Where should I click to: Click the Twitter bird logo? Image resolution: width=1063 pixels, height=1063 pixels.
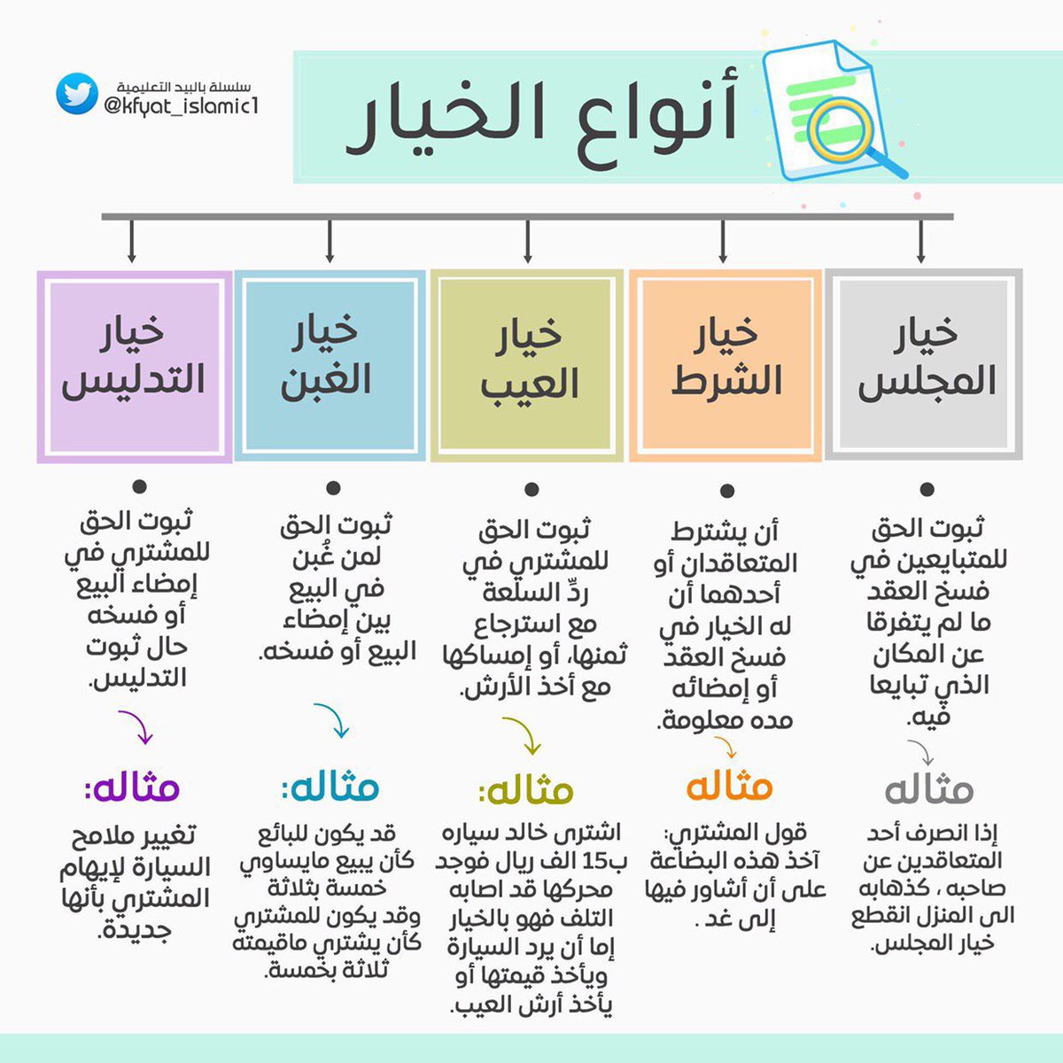76,94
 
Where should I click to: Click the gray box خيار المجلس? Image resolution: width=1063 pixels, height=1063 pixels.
923,364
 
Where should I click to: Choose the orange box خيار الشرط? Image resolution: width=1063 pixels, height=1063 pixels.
725,364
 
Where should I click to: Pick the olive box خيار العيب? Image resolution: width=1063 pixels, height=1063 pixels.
528,365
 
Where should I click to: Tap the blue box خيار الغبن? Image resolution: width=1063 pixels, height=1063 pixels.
330,365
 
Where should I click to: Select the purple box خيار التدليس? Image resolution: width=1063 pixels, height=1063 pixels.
134,365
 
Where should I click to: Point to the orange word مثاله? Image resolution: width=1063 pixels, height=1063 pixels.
729,786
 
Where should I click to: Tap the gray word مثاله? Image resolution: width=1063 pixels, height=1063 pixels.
928,788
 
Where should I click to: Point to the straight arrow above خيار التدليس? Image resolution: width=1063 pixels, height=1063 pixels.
132,241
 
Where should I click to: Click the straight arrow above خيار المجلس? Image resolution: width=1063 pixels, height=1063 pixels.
922,241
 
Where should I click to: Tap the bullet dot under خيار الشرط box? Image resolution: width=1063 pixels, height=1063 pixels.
727,491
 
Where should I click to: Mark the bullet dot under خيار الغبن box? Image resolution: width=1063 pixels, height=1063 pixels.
334,488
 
